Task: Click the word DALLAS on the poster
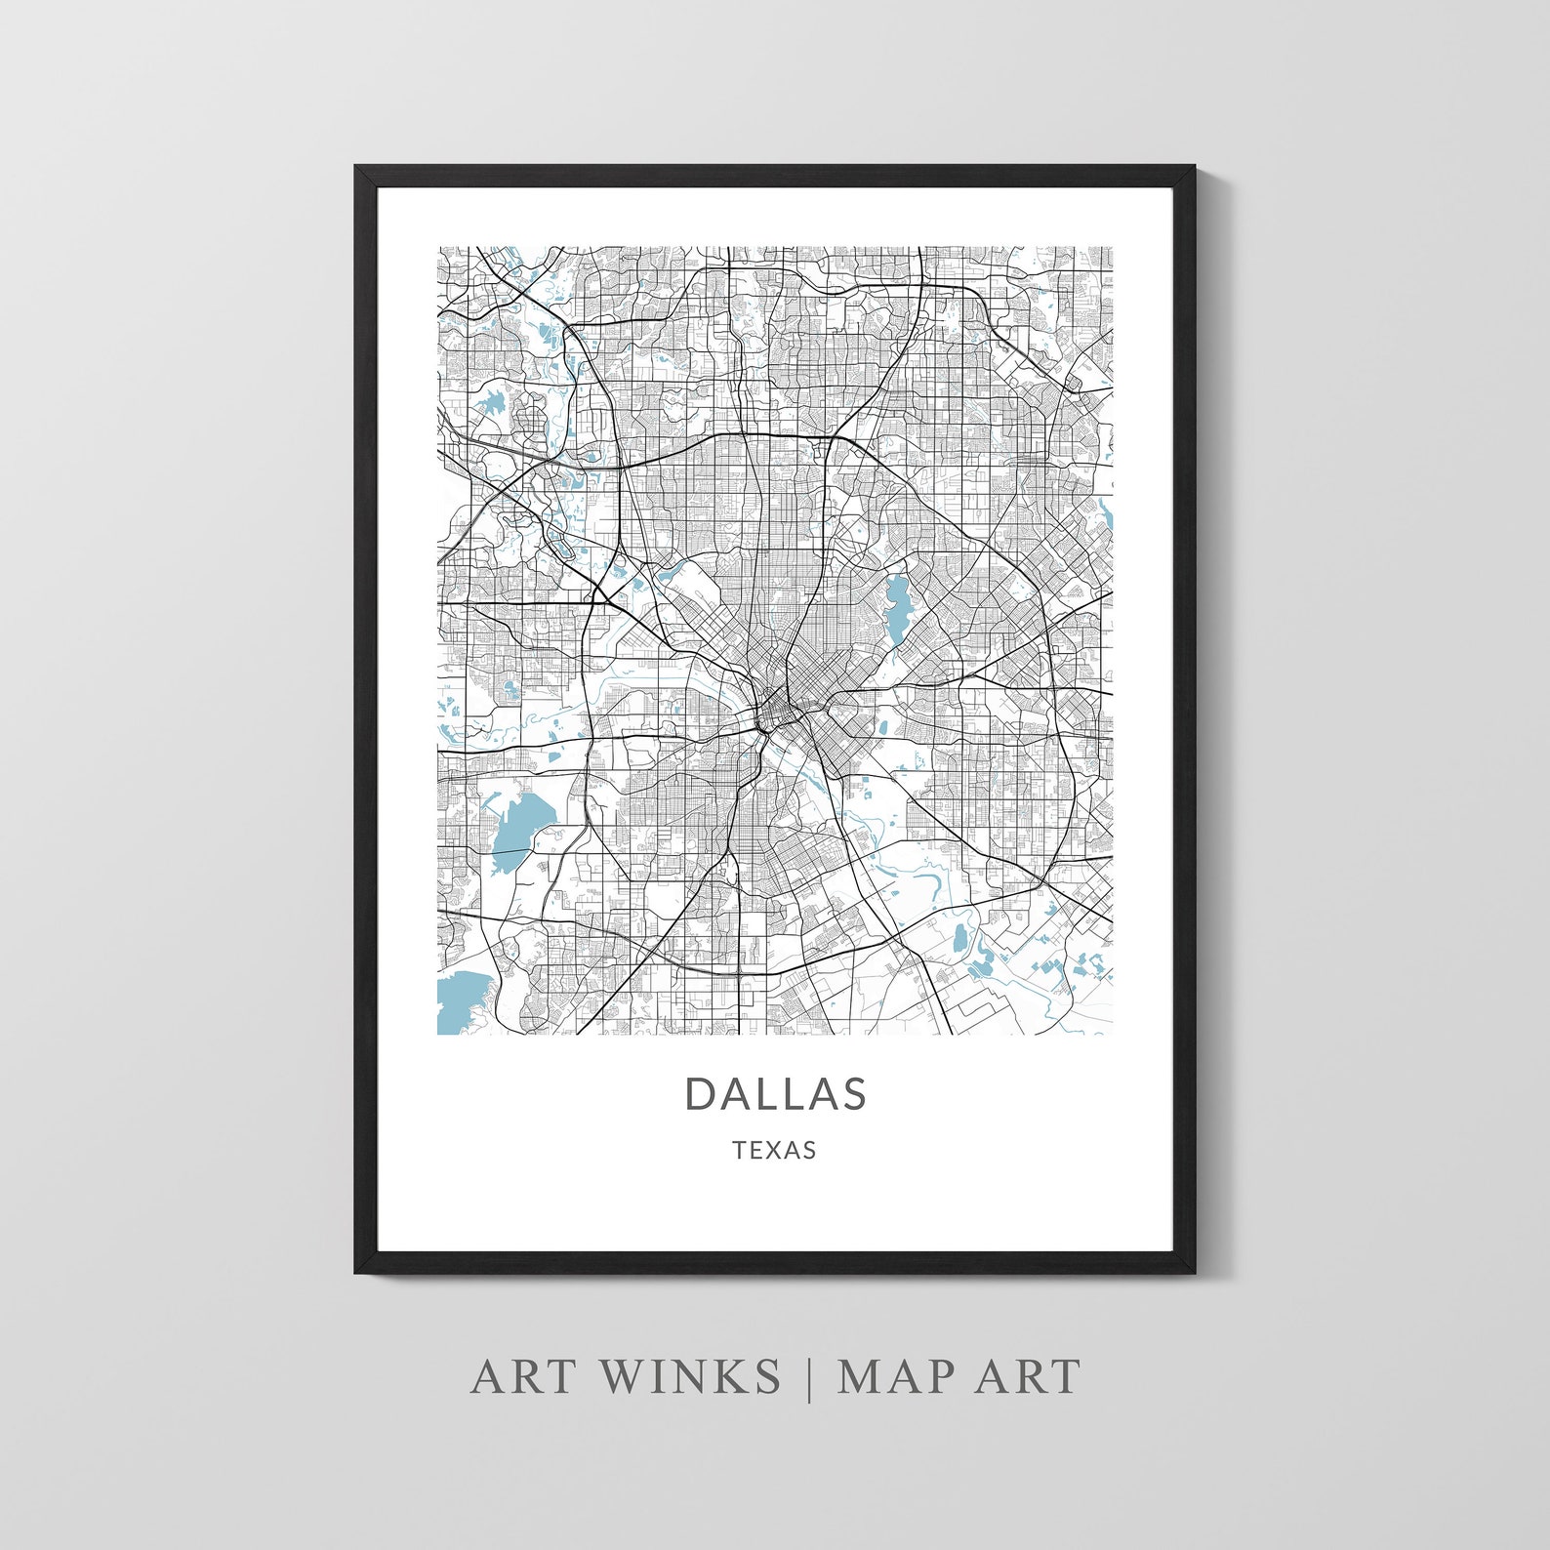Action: point(775,1093)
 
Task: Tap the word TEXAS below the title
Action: point(775,1150)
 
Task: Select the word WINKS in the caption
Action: point(690,1376)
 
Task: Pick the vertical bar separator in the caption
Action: point(809,1378)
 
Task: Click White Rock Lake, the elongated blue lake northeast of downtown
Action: point(895,606)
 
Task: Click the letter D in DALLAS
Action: point(701,1093)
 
